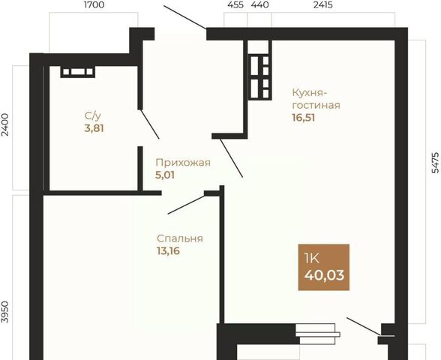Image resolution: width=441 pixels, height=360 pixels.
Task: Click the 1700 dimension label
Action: click(94, 4)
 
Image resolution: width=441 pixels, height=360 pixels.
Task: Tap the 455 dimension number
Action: click(235, 4)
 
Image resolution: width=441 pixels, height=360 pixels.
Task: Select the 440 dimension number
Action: click(259, 4)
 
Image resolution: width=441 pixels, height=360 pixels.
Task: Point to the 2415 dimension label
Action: click(322, 4)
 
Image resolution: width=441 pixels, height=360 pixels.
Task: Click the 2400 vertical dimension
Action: click(5, 124)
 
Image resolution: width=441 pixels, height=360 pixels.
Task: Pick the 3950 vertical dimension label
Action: click(5, 312)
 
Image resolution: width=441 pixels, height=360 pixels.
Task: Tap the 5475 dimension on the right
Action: click(435, 162)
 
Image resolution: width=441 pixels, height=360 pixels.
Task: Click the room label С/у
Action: click(92, 115)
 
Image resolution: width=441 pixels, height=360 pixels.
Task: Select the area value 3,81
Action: click(94, 128)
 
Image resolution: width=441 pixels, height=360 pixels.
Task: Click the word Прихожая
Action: click(183, 163)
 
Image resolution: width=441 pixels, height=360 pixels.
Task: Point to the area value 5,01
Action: click(165, 175)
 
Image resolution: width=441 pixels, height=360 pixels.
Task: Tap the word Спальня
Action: click(180, 238)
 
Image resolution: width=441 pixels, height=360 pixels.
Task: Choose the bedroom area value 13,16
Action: click(168, 250)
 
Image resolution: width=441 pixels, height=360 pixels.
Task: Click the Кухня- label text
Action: click(310, 92)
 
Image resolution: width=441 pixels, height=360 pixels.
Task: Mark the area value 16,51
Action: click(304, 118)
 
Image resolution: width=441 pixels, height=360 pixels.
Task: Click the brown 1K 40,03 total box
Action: click(324, 267)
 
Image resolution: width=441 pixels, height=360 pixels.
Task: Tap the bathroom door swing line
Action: click(150, 124)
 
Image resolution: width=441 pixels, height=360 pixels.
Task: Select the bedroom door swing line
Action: click(186, 205)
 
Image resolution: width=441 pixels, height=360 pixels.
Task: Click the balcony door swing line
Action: click(364, 326)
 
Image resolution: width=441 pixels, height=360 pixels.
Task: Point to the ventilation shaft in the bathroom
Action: click(78, 72)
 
